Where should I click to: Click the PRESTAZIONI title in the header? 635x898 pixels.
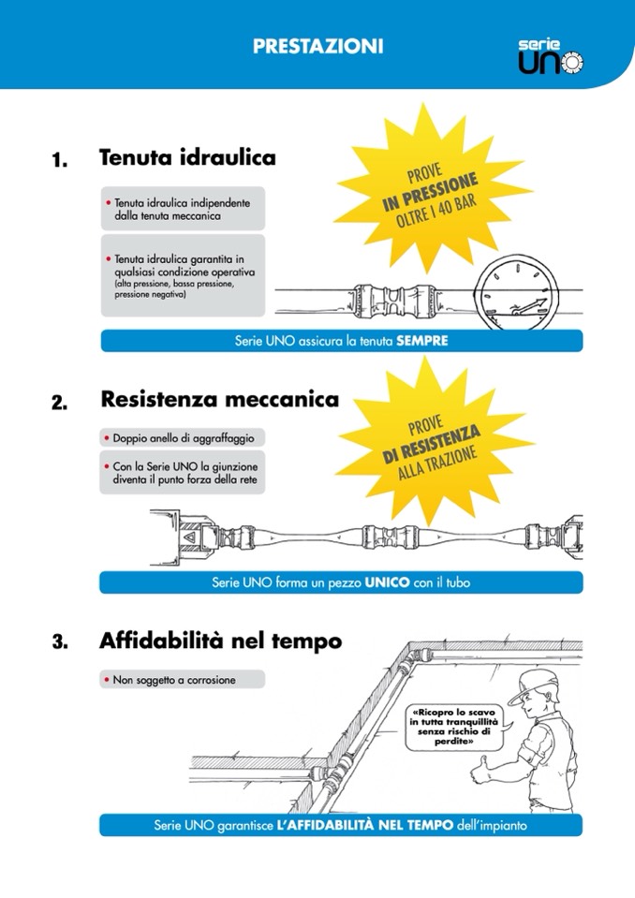pyautogui.click(x=317, y=46)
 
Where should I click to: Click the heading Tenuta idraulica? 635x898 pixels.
pyautogui.click(x=187, y=158)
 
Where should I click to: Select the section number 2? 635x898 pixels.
pyautogui.click(x=59, y=404)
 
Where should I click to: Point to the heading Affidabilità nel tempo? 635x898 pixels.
pyautogui.click(x=220, y=641)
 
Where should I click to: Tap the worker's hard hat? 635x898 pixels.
pyautogui.click(x=533, y=685)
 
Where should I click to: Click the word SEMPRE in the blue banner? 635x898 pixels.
pyautogui.click(x=422, y=342)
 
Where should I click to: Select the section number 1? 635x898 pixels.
pyautogui.click(x=59, y=161)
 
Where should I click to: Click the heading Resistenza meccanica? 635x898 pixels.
pyautogui.click(x=219, y=400)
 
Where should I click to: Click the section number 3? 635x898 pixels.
pyautogui.click(x=59, y=644)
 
